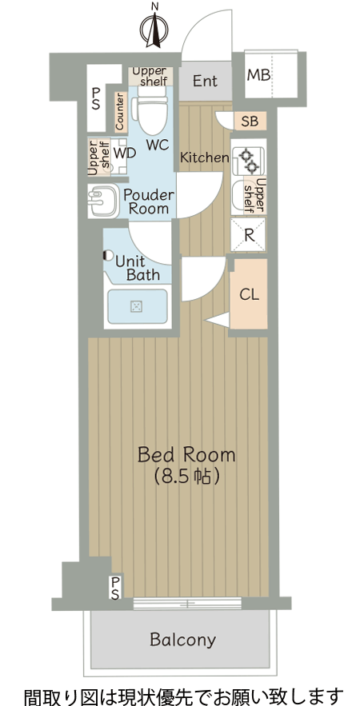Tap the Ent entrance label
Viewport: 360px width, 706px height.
pos(205,81)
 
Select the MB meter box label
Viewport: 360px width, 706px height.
pos(258,74)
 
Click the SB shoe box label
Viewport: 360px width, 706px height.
pos(250,121)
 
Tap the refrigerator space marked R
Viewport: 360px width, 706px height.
pos(248,234)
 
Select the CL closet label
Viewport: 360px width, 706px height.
pos(249,294)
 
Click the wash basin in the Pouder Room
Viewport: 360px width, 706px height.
pos(102,201)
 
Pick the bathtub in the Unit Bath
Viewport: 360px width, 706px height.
pos(136,306)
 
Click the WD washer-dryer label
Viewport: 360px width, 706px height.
pos(125,153)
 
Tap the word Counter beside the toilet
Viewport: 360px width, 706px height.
pos(119,111)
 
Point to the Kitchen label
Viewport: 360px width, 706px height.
pos(205,158)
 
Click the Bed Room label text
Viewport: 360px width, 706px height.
pos(186,455)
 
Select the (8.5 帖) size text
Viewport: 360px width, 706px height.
pos(186,477)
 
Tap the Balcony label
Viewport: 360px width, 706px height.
pos(183,640)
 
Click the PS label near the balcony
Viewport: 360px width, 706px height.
pos(115,588)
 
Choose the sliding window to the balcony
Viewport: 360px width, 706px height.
pos(187,604)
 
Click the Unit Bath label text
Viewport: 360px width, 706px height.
pos(137,268)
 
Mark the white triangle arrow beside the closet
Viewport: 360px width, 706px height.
pos(217,320)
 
